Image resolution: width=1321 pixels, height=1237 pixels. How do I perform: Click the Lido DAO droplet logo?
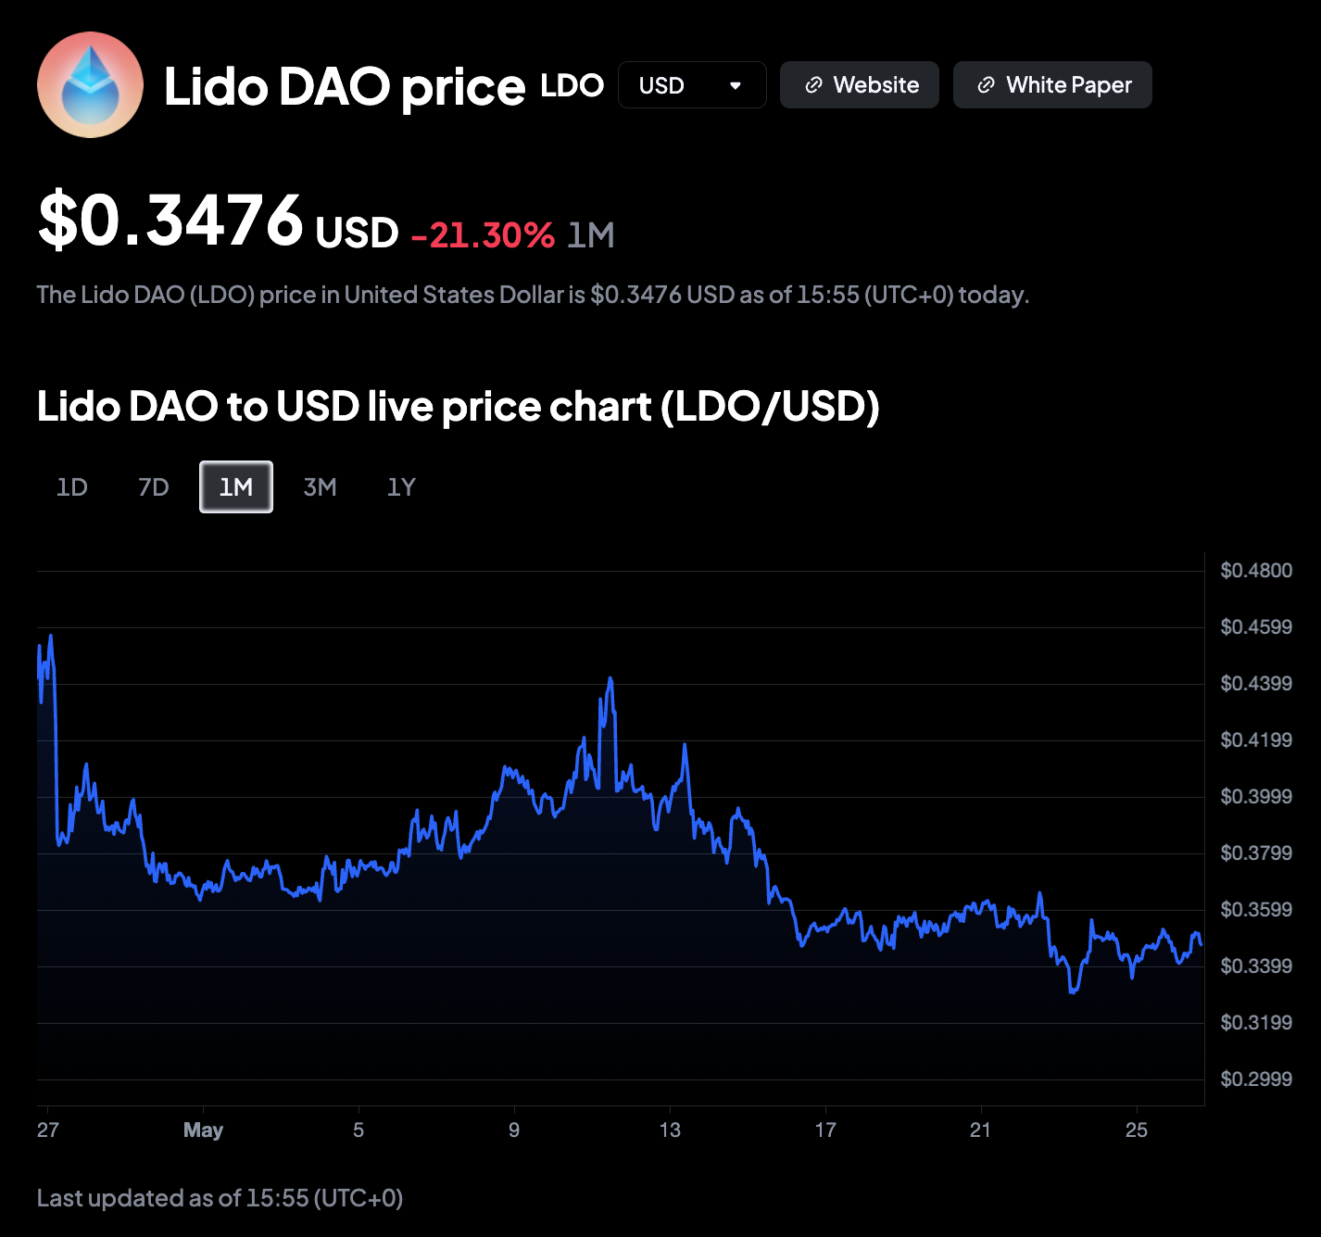coord(90,85)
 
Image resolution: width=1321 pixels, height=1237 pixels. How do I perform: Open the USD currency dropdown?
coord(692,85)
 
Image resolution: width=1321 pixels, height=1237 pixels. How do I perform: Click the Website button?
coord(860,85)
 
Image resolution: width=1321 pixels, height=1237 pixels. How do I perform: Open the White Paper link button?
coord(1052,85)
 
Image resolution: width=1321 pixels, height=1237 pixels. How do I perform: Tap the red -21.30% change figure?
coord(484,234)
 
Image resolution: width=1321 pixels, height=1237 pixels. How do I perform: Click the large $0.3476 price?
coord(170,219)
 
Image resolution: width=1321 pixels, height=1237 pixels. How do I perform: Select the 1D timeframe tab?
coord(72,487)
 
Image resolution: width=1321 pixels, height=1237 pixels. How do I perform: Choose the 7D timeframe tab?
coord(154,487)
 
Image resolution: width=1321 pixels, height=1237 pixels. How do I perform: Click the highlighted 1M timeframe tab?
coord(236,487)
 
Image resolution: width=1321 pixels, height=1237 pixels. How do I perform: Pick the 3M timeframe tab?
coord(320,487)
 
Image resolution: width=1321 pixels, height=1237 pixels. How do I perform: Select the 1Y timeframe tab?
coord(401,487)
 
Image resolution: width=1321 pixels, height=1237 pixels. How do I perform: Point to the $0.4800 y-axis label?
coord(1256,570)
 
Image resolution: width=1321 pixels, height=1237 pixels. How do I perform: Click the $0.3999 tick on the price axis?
coord(1256,797)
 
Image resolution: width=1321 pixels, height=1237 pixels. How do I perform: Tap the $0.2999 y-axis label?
coord(1256,1079)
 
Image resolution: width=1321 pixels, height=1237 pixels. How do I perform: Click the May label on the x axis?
coord(203,1130)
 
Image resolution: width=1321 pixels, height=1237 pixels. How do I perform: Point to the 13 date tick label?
coord(670,1130)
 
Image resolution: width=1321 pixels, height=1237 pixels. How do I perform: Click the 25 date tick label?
coord(1137,1130)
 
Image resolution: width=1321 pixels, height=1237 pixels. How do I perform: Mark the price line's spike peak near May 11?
coord(610,678)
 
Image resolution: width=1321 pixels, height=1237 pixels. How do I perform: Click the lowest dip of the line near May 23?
coord(1072,992)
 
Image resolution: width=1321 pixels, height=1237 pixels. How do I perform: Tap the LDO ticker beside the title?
coord(572,85)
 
